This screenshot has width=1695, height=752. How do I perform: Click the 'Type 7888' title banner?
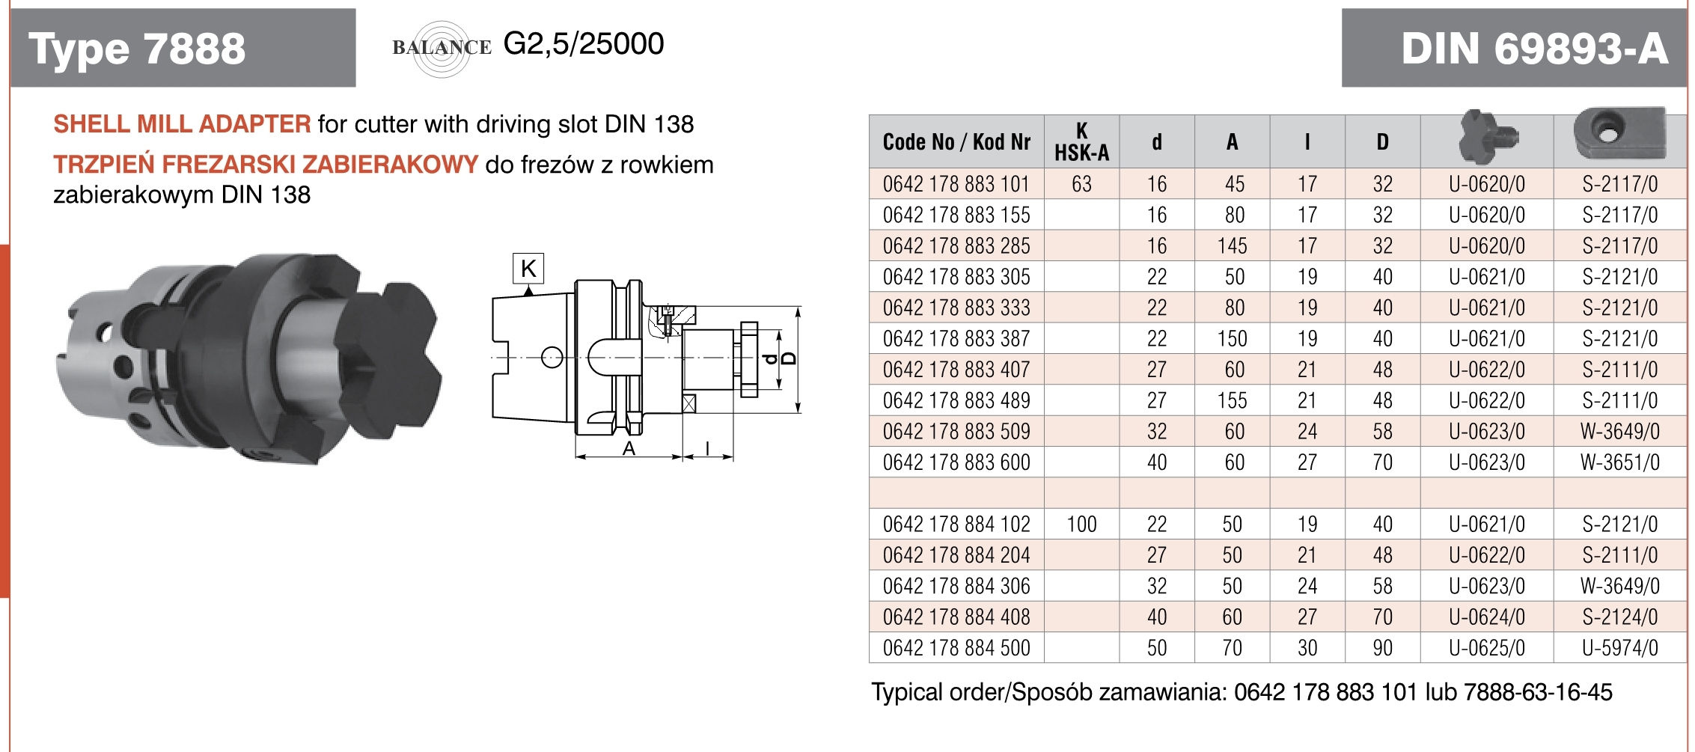click(x=182, y=49)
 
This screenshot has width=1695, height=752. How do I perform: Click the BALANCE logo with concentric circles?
click(x=442, y=48)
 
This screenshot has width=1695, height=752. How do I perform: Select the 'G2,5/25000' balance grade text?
click(x=584, y=44)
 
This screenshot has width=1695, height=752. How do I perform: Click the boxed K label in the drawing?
click(x=528, y=268)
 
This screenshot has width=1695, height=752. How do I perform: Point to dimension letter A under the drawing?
click(x=629, y=448)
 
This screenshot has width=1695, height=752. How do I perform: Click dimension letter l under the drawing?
click(x=708, y=448)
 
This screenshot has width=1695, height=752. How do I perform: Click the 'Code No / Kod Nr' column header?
click(x=956, y=141)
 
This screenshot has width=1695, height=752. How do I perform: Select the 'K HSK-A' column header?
click(x=1081, y=141)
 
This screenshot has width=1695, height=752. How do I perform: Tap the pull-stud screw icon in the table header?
click(x=1486, y=137)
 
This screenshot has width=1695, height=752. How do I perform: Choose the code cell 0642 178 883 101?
click(x=956, y=184)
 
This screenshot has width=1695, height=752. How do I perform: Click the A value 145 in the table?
click(x=1232, y=246)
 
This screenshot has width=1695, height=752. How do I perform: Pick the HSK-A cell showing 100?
click(x=1081, y=525)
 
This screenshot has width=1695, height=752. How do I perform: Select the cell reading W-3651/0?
click(x=1620, y=462)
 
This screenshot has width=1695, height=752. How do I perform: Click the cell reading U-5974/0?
click(x=1620, y=648)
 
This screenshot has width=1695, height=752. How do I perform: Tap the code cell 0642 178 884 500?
click(x=956, y=648)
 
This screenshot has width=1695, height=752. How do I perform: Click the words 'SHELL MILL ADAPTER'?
click(x=182, y=124)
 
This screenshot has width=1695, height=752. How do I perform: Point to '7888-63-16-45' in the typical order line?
click(x=1538, y=692)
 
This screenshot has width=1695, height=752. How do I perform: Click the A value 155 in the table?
click(x=1232, y=401)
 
